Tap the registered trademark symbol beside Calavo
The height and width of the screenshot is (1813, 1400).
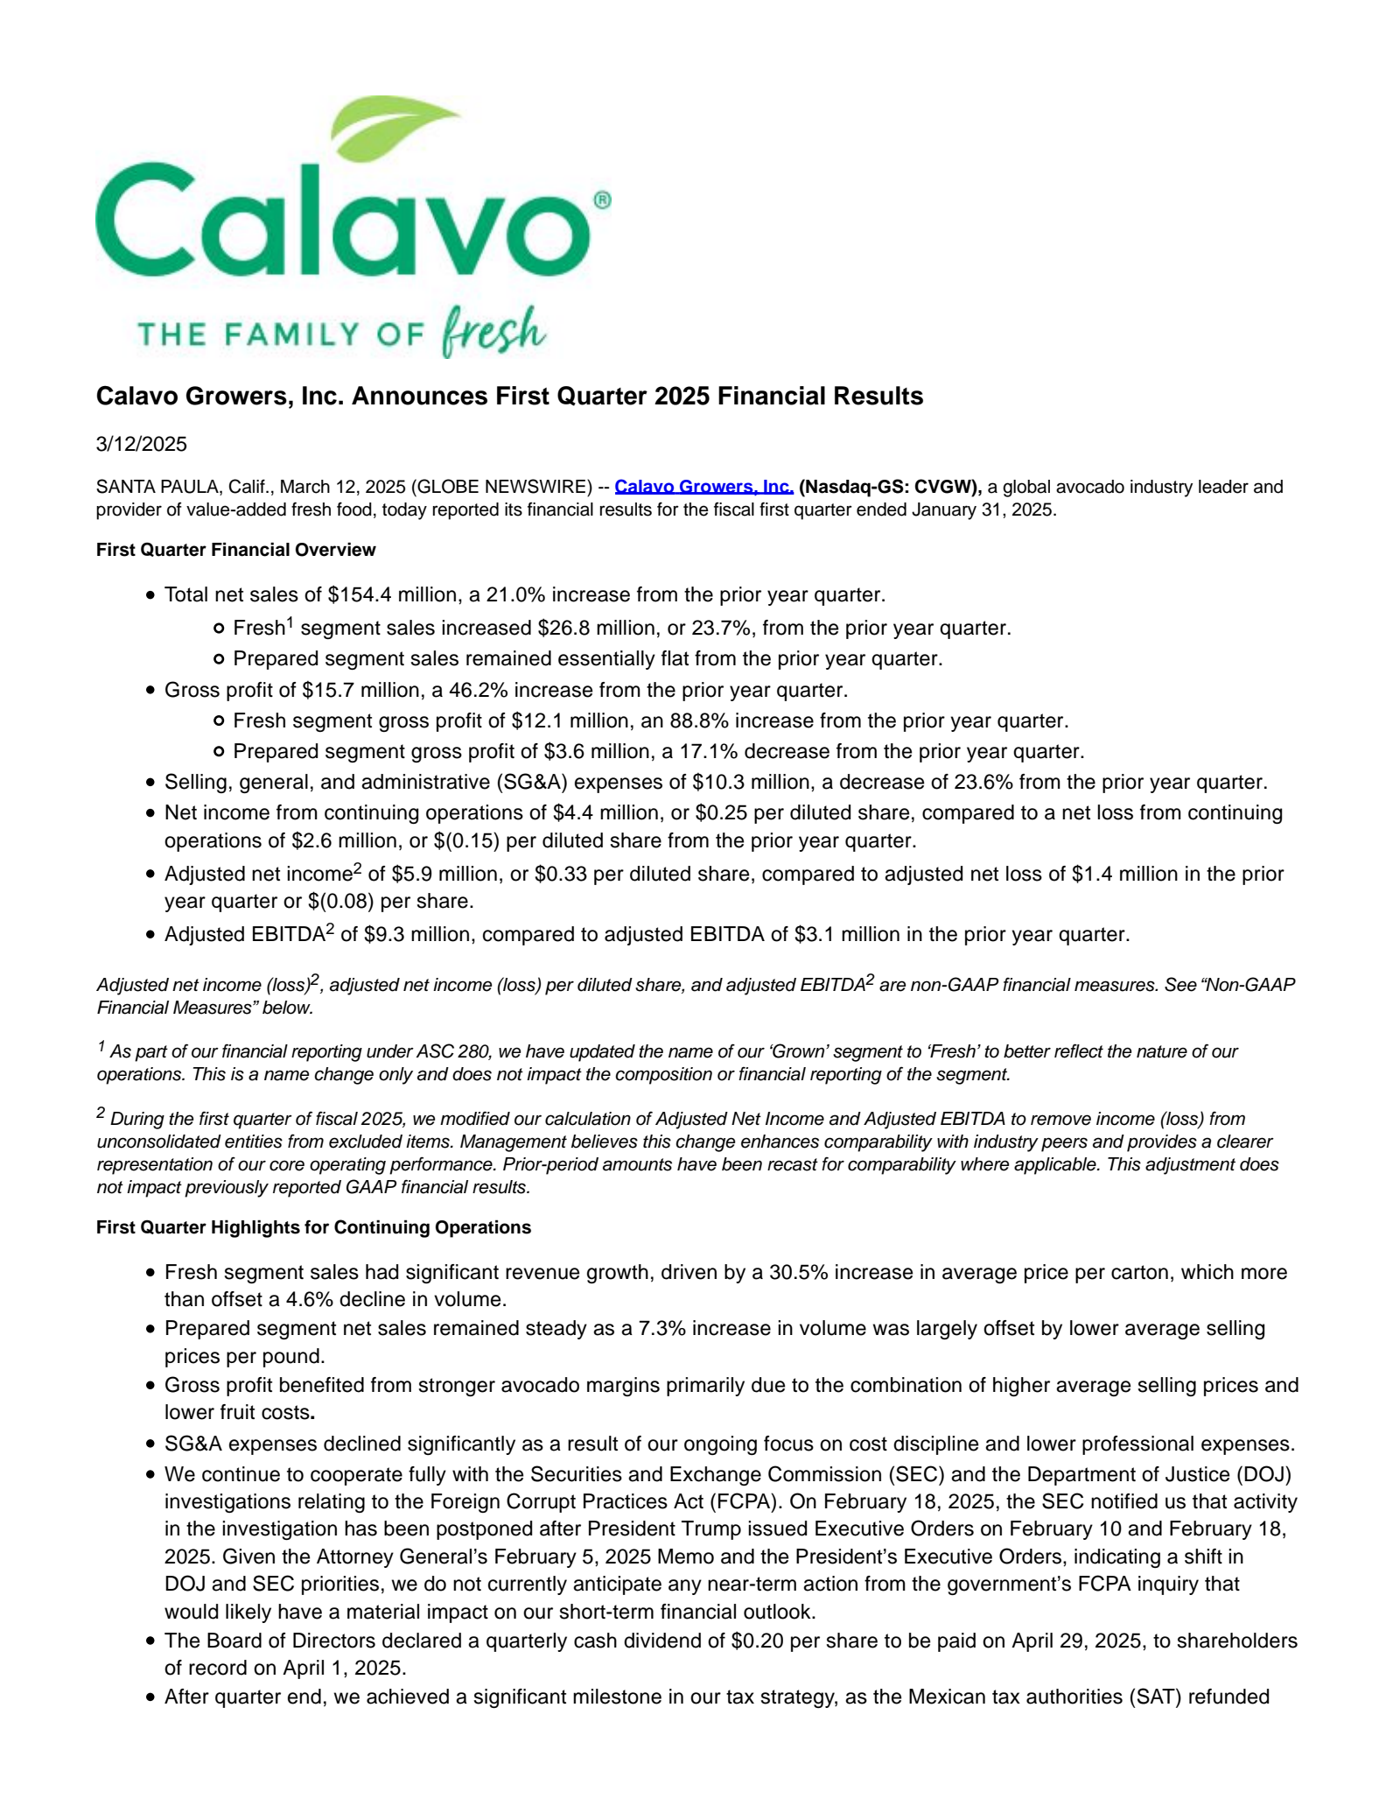(x=602, y=200)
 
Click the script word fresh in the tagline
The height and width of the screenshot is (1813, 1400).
(x=493, y=331)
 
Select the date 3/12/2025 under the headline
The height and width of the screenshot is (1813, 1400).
(x=141, y=444)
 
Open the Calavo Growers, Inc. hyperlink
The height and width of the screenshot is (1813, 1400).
(x=703, y=487)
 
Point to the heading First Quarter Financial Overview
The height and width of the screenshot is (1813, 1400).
(x=235, y=550)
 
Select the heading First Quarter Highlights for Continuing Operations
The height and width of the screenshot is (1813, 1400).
(x=313, y=1227)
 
